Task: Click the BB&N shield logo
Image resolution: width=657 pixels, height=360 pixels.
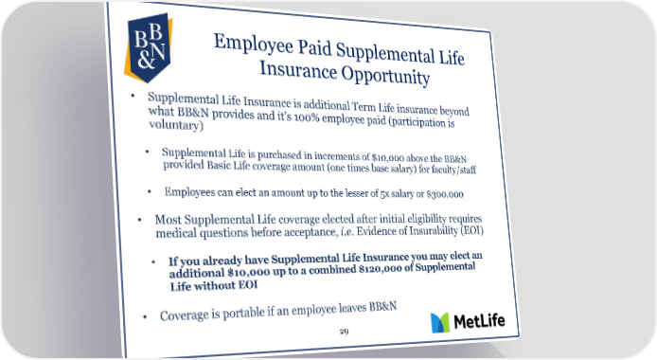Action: tap(149, 48)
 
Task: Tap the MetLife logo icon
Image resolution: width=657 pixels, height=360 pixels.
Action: tap(439, 323)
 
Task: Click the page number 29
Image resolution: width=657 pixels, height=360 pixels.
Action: tap(344, 332)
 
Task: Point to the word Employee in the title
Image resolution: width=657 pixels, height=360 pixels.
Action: tap(254, 44)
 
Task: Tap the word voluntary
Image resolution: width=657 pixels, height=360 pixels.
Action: tap(176, 125)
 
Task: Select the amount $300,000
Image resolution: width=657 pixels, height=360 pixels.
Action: tap(445, 194)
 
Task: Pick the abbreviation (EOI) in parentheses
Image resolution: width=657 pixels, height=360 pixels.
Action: tap(471, 230)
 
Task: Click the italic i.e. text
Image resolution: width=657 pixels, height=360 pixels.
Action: tap(346, 231)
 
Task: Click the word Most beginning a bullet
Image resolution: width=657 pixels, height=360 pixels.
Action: tap(168, 220)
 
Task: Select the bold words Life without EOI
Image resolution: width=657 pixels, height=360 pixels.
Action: tap(214, 286)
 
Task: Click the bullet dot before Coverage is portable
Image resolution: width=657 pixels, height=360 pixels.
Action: tap(145, 316)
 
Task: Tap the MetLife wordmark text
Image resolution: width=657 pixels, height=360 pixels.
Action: tap(479, 321)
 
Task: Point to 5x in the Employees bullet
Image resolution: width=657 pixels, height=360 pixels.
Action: tap(384, 193)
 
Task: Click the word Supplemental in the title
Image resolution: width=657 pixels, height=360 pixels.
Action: tap(385, 52)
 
